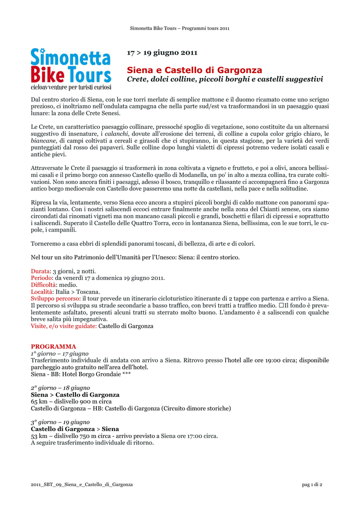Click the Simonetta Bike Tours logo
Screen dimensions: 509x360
[71, 69]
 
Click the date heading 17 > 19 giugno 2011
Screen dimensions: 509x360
[162, 53]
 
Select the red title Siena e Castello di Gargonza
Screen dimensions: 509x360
[194, 70]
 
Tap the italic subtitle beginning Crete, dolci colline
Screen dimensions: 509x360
[225, 80]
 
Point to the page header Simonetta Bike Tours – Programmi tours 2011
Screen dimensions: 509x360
[180, 28]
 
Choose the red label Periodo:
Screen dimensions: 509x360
[42, 278]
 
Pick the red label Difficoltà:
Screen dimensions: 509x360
[44, 285]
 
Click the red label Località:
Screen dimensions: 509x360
[43, 292]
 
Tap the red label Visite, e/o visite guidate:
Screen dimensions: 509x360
[64, 326]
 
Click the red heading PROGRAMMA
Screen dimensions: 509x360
[53, 346]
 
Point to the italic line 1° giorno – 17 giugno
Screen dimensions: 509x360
[60, 353]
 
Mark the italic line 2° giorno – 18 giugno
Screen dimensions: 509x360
[60, 387]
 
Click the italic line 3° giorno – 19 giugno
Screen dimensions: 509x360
[60, 422]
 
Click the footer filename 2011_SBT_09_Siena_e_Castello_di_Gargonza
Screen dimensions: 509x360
[82, 484]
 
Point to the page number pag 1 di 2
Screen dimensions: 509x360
[312, 484]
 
